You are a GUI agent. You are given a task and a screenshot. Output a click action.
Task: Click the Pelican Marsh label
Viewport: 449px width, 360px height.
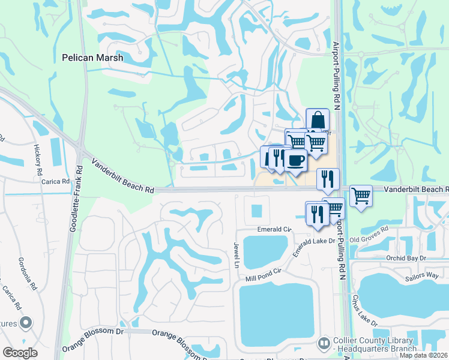[x=92, y=58]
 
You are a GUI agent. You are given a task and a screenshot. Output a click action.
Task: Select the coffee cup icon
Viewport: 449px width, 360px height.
[x=295, y=160]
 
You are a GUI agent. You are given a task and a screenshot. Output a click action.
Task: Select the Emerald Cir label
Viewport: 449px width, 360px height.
[x=274, y=229]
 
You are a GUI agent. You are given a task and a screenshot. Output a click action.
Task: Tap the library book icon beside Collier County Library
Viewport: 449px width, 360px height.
[x=324, y=343]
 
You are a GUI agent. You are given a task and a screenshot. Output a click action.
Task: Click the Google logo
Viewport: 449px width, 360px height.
[x=20, y=353]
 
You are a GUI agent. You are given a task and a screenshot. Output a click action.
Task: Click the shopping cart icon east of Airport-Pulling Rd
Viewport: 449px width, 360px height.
[x=361, y=195]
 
